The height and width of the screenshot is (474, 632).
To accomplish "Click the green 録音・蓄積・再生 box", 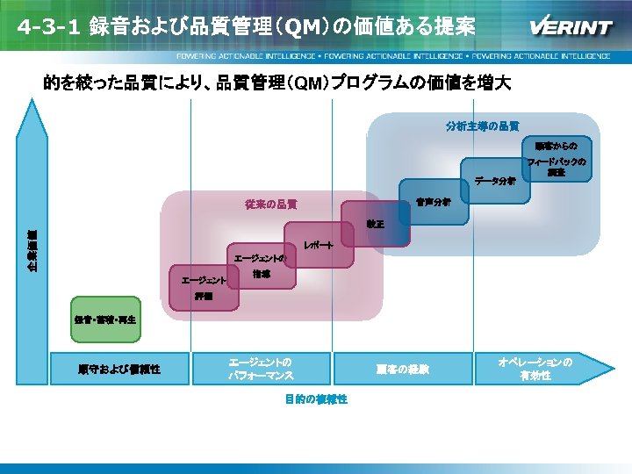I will [104, 318].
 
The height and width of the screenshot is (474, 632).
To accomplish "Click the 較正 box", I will [375, 226].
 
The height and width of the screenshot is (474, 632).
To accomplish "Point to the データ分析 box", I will [494, 181].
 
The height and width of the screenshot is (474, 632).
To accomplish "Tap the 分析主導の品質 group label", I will [482, 126].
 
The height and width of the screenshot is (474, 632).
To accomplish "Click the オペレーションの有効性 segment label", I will [535, 369].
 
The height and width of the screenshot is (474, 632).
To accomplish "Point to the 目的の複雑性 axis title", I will [316, 399].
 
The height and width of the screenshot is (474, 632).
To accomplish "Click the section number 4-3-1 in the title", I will [47, 27].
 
